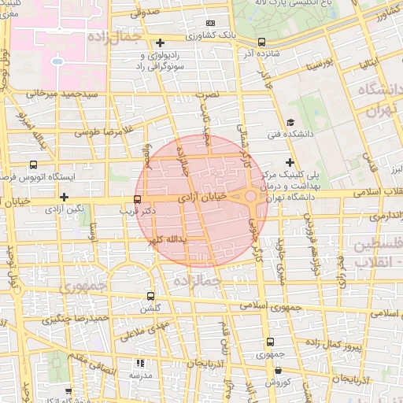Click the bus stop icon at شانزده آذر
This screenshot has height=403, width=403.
[262, 42]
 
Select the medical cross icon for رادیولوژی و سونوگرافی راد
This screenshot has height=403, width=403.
[160, 43]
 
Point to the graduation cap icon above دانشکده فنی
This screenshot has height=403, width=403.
[290, 122]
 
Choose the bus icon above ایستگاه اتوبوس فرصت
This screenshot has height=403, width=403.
[33, 165]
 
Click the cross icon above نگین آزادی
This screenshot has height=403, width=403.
[65, 197]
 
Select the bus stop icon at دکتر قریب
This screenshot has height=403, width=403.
[138, 199]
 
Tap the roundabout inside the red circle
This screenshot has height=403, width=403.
[250, 196]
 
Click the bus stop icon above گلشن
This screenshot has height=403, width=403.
[150, 297]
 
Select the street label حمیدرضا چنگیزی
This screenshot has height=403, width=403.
[75, 318]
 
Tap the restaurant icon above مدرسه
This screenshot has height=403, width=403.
[141, 363]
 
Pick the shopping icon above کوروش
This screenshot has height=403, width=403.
[278, 370]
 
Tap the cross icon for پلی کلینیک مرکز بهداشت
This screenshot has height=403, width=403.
[290, 161]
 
